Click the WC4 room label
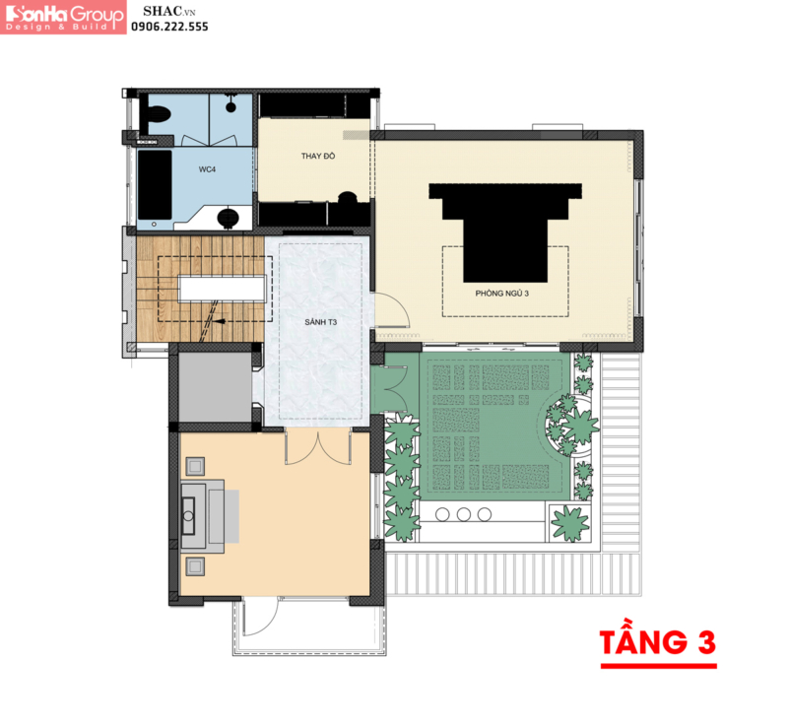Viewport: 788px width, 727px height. coord(207,169)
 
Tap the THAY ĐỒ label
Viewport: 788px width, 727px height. coord(318,156)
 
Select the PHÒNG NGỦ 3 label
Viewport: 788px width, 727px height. coord(502,294)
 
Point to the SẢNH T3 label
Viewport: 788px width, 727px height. coord(321,322)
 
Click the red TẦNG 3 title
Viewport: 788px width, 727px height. coord(658,642)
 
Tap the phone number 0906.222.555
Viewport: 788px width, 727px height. coord(169,27)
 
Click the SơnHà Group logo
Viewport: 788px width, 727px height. coord(63,17)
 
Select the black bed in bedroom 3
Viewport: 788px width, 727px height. coord(505,232)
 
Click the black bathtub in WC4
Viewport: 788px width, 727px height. coord(155,184)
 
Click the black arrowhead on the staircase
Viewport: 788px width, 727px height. coord(219,321)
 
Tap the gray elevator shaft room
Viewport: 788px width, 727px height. coord(215,387)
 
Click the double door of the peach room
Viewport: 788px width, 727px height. coord(318,446)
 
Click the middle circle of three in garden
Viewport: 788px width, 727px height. coord(463,514)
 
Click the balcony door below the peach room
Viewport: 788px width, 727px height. coord(260,617)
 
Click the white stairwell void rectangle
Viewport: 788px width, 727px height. coord(223,288)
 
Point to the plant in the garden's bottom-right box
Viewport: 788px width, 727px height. coord(570,523)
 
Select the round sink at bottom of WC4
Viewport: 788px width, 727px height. coord(228,218)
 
